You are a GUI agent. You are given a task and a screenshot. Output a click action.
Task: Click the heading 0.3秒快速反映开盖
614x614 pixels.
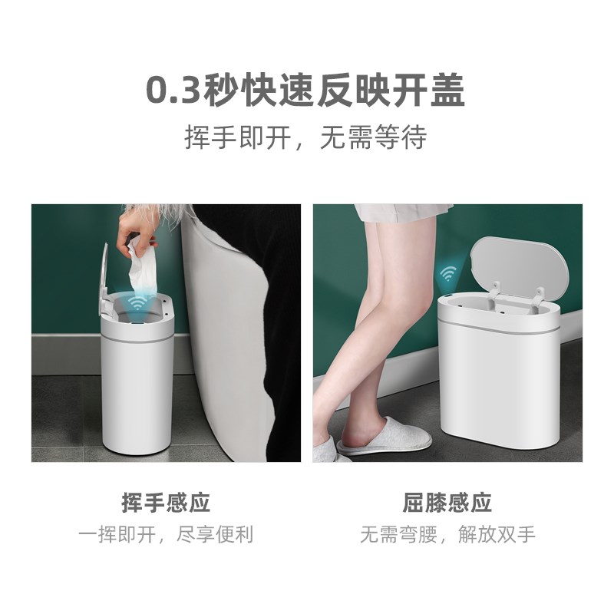click(x=305, y=91)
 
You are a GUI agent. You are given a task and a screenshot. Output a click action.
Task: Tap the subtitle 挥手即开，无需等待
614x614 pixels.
click(x=305, y=137)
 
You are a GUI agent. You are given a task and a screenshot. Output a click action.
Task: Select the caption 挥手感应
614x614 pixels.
click(x=166, y=503)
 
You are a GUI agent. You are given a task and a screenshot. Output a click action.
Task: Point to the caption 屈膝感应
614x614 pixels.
click(x=447, y=503)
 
